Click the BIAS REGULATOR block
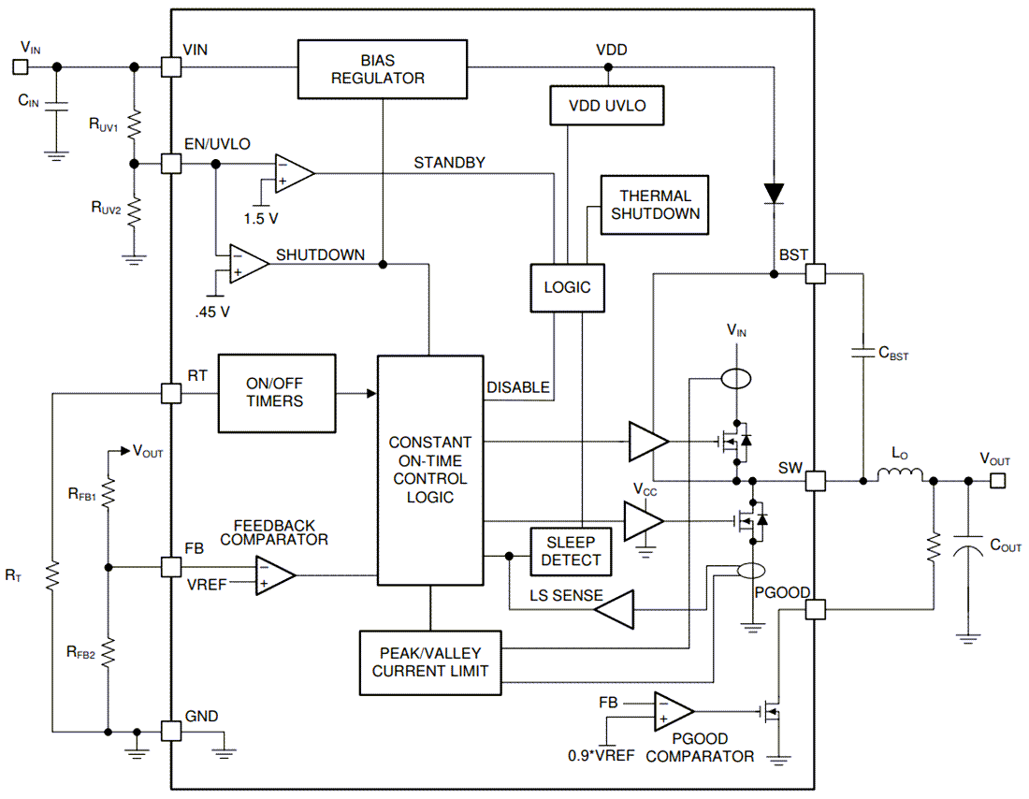382,69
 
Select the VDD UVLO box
609,105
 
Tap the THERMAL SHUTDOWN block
655,205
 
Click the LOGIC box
568,287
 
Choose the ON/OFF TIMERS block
276,393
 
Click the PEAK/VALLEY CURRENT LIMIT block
430,662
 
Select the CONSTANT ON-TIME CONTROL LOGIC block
430,470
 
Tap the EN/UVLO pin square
171,163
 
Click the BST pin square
816,273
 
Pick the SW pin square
816,481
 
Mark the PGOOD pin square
816,609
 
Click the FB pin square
171,567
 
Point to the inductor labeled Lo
899,477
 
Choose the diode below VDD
774,193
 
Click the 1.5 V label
261,218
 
